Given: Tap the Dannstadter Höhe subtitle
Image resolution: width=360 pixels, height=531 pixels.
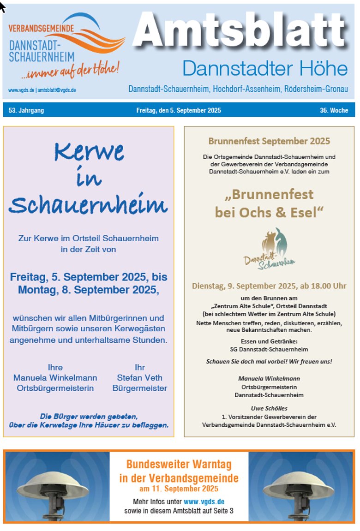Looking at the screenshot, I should pyautogui.click(x=265, y=69).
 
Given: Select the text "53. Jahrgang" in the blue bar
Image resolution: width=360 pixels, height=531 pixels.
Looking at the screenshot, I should pyautogui.click(x=26, y=110).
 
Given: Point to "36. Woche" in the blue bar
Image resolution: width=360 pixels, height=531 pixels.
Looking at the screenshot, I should pyautogui.click(x=334, y=110).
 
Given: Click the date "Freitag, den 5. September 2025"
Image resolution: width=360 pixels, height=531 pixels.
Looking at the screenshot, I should pyautogui.click(x=179, y=110).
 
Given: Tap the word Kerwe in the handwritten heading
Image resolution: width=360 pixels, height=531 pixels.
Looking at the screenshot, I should pyautogui.click(x=89, y=151).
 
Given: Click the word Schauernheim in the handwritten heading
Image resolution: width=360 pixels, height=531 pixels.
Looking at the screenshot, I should pyautogui.click(x=88, y=204).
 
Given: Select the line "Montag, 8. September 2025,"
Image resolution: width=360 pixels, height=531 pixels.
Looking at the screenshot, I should pyautogui.click(x=89, y=290).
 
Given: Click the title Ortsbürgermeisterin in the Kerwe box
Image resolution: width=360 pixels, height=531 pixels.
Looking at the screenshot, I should pyautogui.click(x=55, y=388).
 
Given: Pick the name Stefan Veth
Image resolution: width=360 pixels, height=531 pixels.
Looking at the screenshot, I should pyautogui.click(x=139, y=378).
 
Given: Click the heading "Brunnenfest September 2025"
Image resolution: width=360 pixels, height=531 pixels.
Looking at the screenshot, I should pyautogui.click(x=269, y=141).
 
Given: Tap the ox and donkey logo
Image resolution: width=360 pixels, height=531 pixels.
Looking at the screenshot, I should pyautogui.click(x=270, y=248).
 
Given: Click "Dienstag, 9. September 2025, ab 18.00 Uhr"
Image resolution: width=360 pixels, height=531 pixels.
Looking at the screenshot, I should pyautogui.click(x=269, y=286).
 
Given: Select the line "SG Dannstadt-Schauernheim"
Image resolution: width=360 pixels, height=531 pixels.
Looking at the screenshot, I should pyautogui.click(x=269, y=349).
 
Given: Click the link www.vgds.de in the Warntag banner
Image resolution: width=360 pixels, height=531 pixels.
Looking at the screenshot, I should pyautogui.click(x=204, y=501).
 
